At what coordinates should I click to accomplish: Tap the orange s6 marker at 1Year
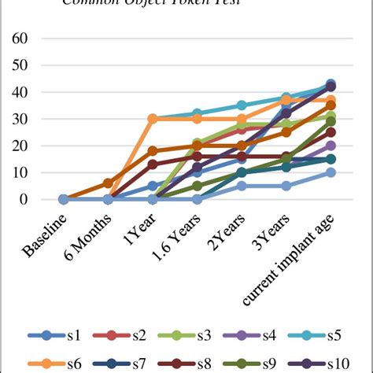click(153, 119)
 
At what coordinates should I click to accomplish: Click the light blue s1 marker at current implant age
click(331, 172)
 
